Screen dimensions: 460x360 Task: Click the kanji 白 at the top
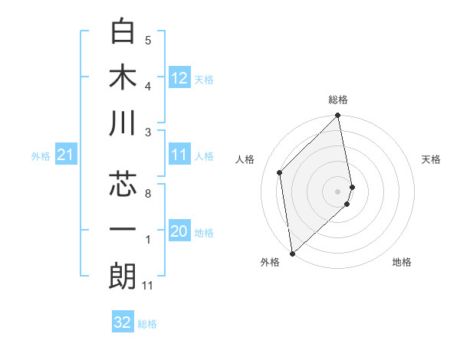123,31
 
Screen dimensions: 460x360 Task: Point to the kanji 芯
123,184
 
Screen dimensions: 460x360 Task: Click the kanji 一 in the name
123,230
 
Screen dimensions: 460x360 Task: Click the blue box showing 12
179,77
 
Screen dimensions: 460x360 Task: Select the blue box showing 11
179,155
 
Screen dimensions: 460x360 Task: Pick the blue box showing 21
66,155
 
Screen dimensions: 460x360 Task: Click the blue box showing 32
123,322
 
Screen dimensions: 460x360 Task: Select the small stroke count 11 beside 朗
148,286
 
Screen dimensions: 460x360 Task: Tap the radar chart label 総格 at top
338,100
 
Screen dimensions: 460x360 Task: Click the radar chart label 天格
432,159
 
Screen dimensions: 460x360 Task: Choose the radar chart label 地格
402,262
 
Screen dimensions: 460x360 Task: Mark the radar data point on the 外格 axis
292,253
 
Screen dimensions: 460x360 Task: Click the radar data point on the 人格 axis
280,172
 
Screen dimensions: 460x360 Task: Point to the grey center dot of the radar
338,191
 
